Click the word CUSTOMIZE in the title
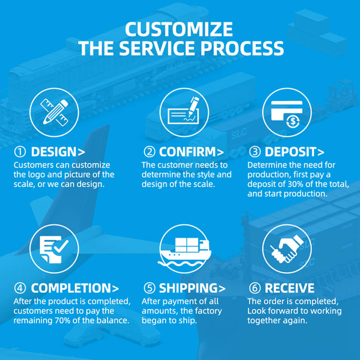click(179, 29)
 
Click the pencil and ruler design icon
click(54, 112)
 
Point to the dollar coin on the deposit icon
click(293, 121)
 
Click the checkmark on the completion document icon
click(61, 246)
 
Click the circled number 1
click(20, 152)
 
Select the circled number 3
click(255, 152)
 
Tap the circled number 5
click(149, 288)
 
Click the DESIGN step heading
click(58, 152)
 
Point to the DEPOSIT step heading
click(295, 152)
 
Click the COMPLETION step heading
click(75, 288)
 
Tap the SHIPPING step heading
click(193, 288)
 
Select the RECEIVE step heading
click(289, 288)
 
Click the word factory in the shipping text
click(207, 311)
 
